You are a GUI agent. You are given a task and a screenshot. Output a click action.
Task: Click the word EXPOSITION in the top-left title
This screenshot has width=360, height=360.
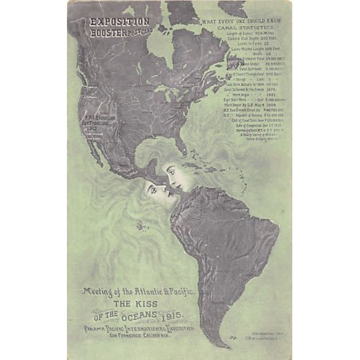(119, 22)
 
